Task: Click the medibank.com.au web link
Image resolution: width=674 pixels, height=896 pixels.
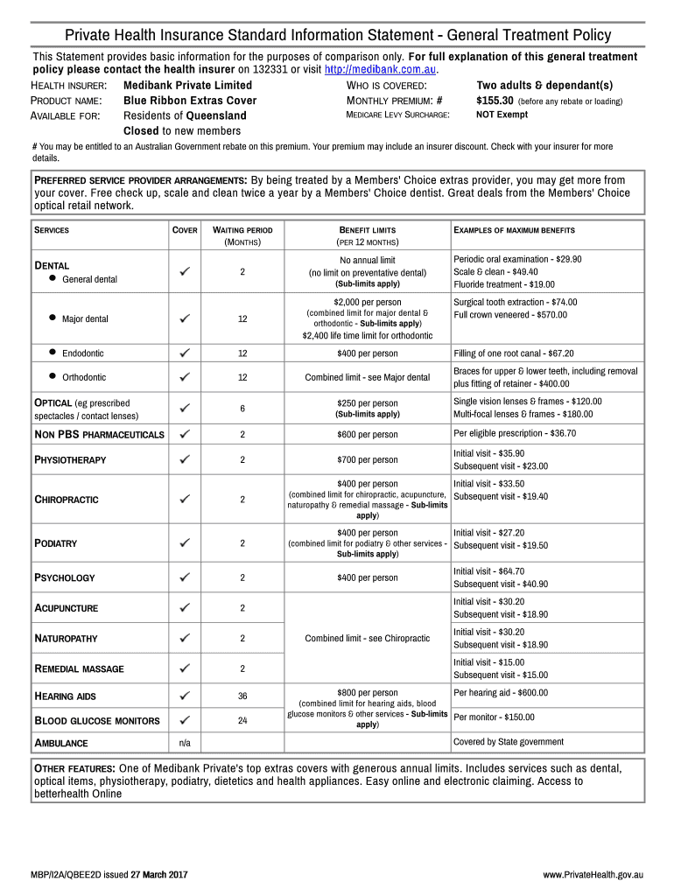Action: pos(380,70)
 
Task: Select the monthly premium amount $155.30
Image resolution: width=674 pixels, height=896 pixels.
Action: pos(495,101)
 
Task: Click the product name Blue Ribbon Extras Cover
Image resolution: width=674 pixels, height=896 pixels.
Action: pos(190,101)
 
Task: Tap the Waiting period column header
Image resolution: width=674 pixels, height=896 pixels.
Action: pos(242,235)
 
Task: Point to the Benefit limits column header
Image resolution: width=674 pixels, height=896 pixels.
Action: pos(367,235)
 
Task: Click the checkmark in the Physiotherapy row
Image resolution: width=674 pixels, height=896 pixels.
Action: pos(185,460)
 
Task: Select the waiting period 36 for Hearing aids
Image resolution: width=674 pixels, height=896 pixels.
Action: pos(242,696)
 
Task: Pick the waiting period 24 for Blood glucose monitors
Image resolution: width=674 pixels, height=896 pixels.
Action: pos(242,721)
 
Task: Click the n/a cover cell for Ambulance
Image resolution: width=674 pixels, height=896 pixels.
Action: pos(185,743)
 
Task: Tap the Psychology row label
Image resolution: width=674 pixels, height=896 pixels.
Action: pos(64,577)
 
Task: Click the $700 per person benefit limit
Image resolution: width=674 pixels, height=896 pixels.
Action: pos(367,460)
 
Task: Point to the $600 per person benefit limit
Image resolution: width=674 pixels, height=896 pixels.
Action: pos(367,435)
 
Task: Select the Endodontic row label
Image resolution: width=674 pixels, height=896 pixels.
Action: pos(82,353)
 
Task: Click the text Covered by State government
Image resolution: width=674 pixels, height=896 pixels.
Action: pos(508,742)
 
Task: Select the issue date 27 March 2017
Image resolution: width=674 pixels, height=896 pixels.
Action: pos(158,875)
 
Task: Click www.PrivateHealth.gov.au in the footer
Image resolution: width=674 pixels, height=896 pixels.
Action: pos(593,875)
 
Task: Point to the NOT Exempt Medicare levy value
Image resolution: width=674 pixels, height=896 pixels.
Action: pos(502,115)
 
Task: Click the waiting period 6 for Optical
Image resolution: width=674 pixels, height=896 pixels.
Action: pos(242,409)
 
